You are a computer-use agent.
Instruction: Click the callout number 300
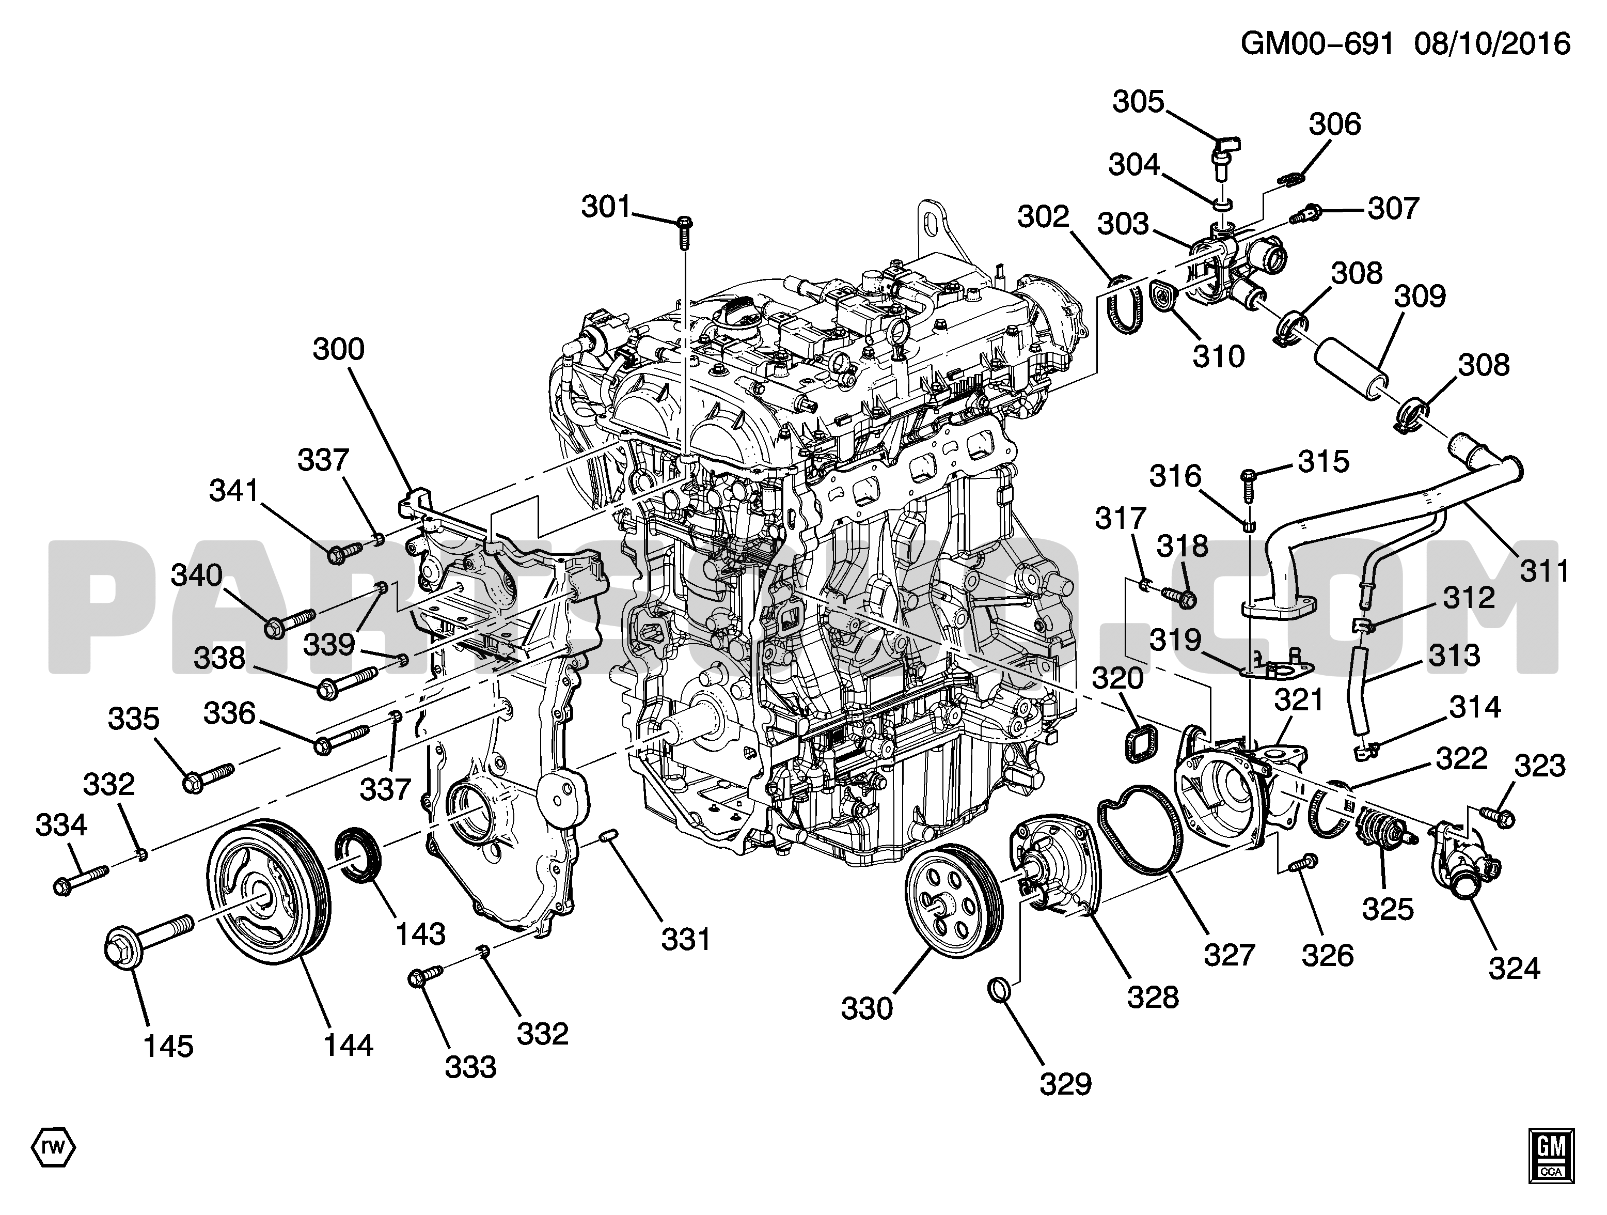point(339,350)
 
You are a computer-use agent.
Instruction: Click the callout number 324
point(1514,968)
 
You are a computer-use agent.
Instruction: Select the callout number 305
point(1139,102)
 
